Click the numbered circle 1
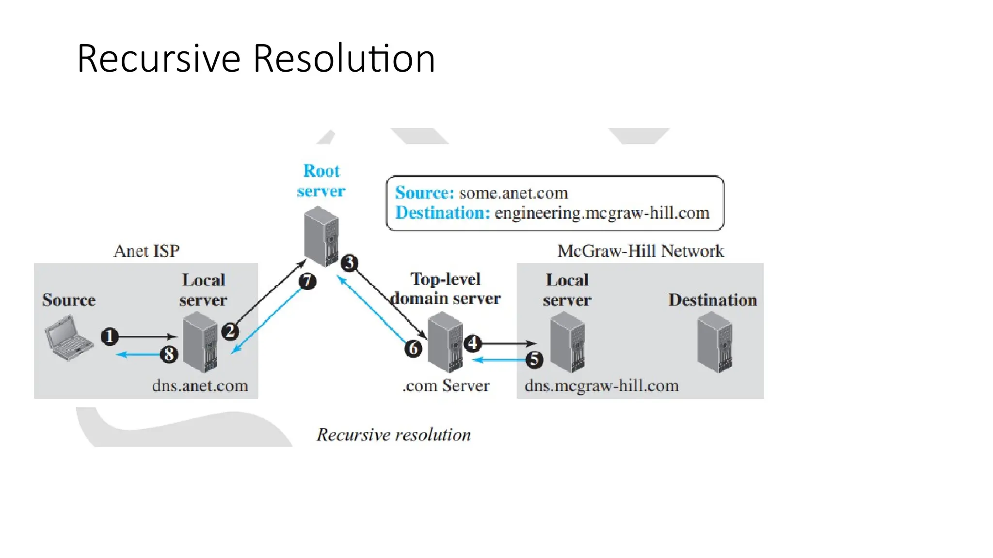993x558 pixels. pyautogui.click(x=110, y=336)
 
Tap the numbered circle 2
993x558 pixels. pyautogui.click(x=230, y=331)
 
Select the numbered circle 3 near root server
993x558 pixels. pyautogui.click(x=349, y=263)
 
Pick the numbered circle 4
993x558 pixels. pyautogui.click(x=473, y=343)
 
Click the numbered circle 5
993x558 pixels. pyautogui.click(x=534, y=359)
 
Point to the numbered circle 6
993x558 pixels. pyautogui.click(x=413, y=348)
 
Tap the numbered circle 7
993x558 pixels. pyautogui.click(x=307, y=281)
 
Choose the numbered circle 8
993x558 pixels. pyautogui.click(x=169, y=354)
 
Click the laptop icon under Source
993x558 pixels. pyautogui.click(x=68, y=338)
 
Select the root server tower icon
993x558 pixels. pyautogui.click(x=321, y=236)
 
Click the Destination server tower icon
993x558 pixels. pyautogui.click(x=715, y=342)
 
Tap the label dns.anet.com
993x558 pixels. pyautogui.click(x=200, y=386)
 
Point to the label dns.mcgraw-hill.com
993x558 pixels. pyautogui.click(x=601, y=386)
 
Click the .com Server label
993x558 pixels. pyautogui.click(x=446, y=386)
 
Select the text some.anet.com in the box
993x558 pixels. pyautogui.click(x=513, y=193)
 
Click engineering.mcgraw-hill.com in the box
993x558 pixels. pyautogui.click(x=602, y=213)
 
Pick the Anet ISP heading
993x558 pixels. pyautogui.click(x=146, y=251)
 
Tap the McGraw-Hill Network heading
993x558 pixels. pyautogui.click(x=640, y=251)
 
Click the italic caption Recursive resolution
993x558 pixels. pyautogui.click(x=393, y=434)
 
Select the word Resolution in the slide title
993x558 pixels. pyautogui.click(x=344, y=59)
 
